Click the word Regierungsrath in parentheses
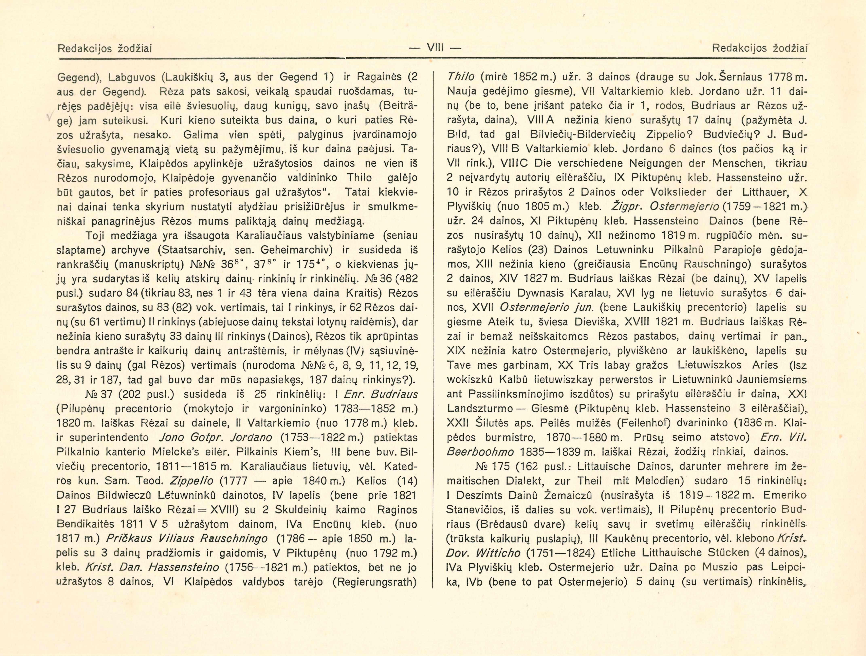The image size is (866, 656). pyautogui.click(x=374, y=582)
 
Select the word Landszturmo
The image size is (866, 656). pyautogui.click(x=480, y=408)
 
